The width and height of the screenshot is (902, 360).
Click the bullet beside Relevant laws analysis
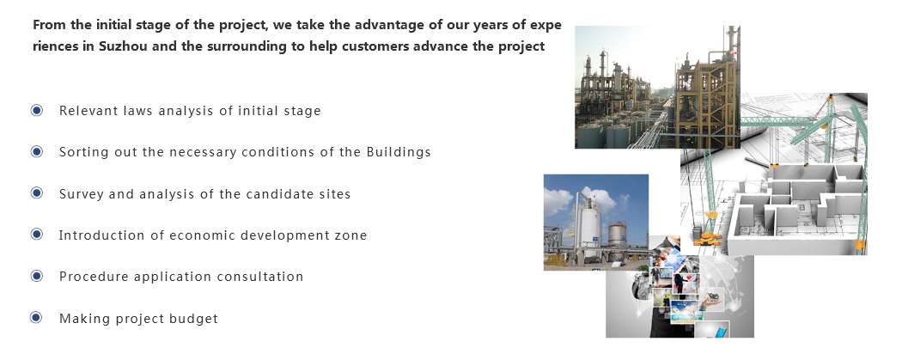coord(37,110)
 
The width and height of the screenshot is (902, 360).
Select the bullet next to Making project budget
coord(37,317)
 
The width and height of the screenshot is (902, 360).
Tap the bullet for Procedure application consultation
coord(37,276)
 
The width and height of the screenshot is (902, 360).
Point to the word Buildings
coord(399,152)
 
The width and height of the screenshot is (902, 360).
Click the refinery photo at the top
coord(657,87)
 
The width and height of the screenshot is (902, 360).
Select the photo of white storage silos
coord(596,222)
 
